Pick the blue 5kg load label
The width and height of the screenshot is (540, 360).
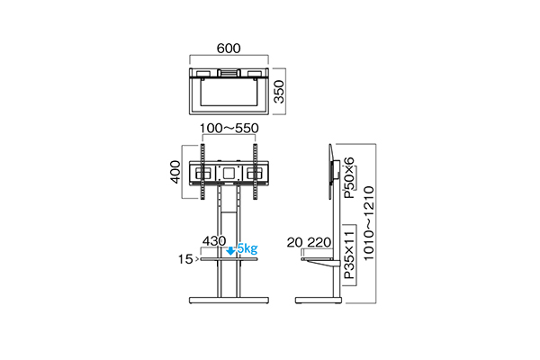pos(247,249)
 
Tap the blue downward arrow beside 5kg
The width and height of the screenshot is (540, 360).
pos(231,250)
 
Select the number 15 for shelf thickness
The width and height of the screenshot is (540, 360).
pos(187,260)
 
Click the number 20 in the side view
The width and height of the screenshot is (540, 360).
pos(296,242)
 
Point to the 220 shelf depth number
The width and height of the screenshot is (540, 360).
pos(318,242)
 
